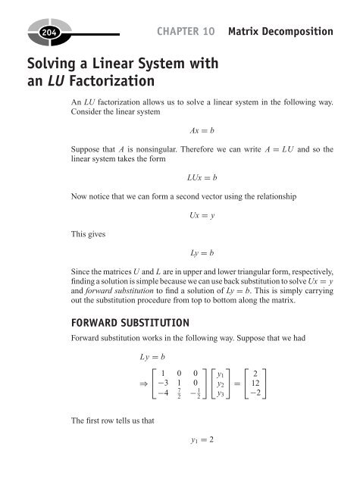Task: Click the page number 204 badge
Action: click(26, 33)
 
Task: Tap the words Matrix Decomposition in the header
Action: click(284, 32)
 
